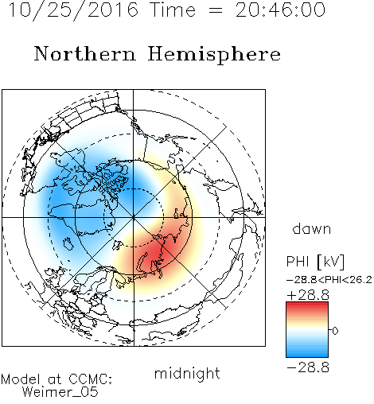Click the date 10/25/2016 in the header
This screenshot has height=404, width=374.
tap(73, 10)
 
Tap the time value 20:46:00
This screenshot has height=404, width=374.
tap(280, 10)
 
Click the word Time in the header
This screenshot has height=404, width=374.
tap(173, 10)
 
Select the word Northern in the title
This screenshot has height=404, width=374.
tap(85, 53)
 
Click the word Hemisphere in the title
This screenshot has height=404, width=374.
tap(214, 55)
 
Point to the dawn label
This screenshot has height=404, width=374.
tap(312, 228)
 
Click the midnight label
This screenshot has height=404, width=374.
tap(187, 373)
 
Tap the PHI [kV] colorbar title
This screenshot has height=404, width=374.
tap(315, 262)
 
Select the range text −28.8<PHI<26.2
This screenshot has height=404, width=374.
tap(329, 280)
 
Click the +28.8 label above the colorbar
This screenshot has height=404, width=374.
tap(308, 295)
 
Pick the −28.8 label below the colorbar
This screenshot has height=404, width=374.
tap(308, 367)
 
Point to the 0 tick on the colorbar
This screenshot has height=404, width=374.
tap(335, 331)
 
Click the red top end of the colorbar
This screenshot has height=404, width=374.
tap(307, 304)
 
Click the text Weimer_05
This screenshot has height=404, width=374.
tap(60, 392)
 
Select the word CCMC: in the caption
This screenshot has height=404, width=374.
tap(91, 379)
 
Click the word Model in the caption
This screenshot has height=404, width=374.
tap(21, 379)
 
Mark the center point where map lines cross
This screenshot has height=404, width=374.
tap(134, 217)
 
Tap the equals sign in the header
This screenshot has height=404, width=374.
tap(216, 10)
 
